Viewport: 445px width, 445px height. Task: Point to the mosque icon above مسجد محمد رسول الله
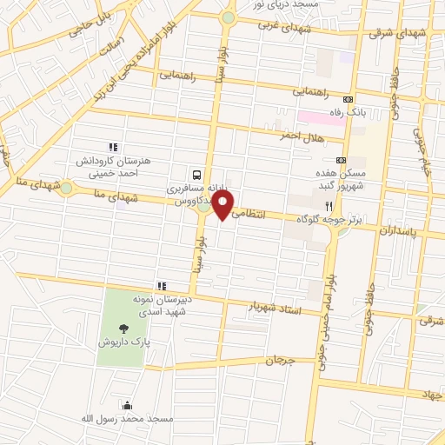click(x=129, y=404)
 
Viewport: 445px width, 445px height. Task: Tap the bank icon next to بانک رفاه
click(x=349, y=99)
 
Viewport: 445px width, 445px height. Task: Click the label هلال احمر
click(x=302, y=136)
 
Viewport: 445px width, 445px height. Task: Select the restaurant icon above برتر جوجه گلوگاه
click(x=329, y=204)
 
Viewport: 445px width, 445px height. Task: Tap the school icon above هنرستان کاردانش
click(x=112, y=147)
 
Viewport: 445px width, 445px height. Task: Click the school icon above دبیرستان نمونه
click(x=161, y=285)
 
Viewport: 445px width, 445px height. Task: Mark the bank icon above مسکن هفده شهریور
click(x=341, y=160)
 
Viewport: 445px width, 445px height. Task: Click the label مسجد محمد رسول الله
click(x=136, y=420)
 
